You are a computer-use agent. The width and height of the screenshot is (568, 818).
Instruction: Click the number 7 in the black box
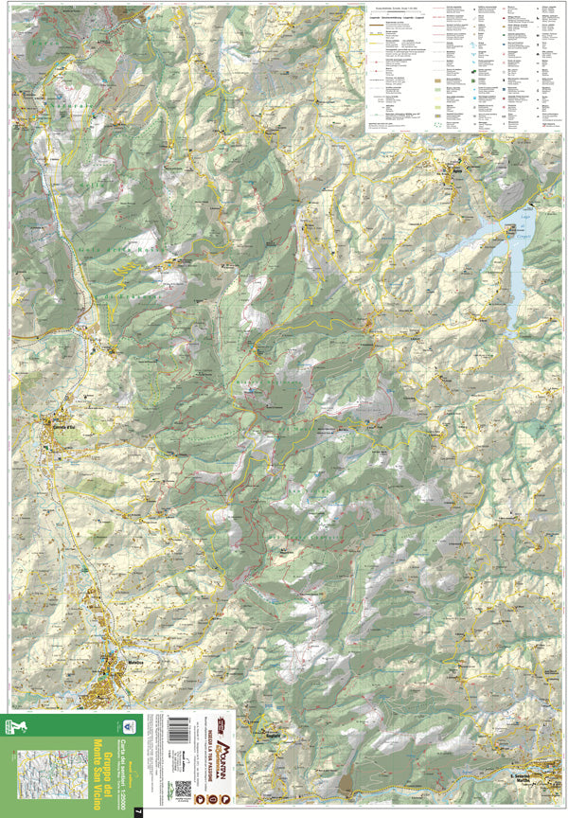[x=138, y=810]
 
